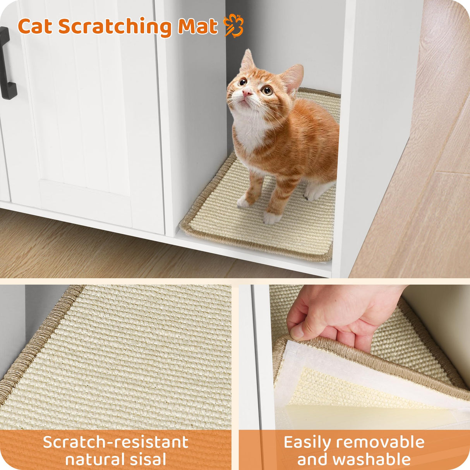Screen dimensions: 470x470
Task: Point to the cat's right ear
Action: pyautogui.click(x=247, y=61)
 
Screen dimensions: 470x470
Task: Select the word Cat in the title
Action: pyautogui.click(x=35, y=27)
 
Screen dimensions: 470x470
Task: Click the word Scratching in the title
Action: pyautogui.click(x=115, y=27)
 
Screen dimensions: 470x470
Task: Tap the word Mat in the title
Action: pyautogui.click(x=197, y=27)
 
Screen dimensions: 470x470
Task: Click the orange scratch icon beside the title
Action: pyautogui.click(x=233, y=26)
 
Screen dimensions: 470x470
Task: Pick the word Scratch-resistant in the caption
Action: pyautogui.click(x=115, y=442)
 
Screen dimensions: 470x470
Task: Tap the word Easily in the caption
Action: pyautogui.click(x=307, y=442)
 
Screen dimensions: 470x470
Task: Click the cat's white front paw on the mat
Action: pyautogui.click(x=272, y=218)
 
